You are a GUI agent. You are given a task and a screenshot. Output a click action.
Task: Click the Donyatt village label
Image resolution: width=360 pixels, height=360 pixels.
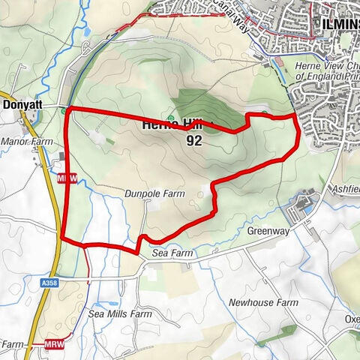[x=22, y=105]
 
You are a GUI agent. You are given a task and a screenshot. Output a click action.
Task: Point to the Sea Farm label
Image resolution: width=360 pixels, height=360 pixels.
[x=172, y=254]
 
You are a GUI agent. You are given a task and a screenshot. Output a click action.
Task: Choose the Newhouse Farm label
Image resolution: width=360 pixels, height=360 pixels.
[x=263, y=302]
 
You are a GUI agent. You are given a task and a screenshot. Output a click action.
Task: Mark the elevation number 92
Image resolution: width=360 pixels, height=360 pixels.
[x=194, y=140]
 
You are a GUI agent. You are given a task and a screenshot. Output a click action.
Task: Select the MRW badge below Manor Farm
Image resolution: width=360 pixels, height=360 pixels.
[x=67, y=177]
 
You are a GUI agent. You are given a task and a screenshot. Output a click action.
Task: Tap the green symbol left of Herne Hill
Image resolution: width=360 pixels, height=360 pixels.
[x=172, y=118]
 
